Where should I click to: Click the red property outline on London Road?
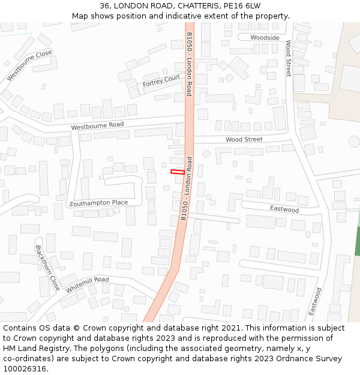pyautogui.click(x=178, y=172)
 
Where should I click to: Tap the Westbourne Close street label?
pyautogui.click(x=29, y=65)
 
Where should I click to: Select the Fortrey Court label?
pyautogui.click(x=161, y=81)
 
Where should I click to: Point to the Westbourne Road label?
pyautogui.click(x=97, y=125)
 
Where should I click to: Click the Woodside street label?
pyautogui.click(x=265, y=37)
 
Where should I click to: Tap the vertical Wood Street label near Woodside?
pyautogui.click(x=289, y=58)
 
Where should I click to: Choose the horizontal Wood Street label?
pyautogui.click(x=244, y=139)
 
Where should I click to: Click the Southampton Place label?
pyautogui.click(x=99, y=203)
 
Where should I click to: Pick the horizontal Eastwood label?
pyautogui.click(x=284, y=209)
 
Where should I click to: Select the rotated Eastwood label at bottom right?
pyautogui.click(x=315, y=302)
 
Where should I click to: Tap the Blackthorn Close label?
pyautogui.click(x=47, y=268)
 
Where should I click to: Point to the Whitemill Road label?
pyautogui.click(x=88, y=284)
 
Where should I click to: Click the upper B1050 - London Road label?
pyautogui.click(x=189, y=64)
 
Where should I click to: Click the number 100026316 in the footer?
pyautogui.click(x=25, y=368)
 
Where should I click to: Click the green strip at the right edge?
pyautogui.click(x=358, y=242)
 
